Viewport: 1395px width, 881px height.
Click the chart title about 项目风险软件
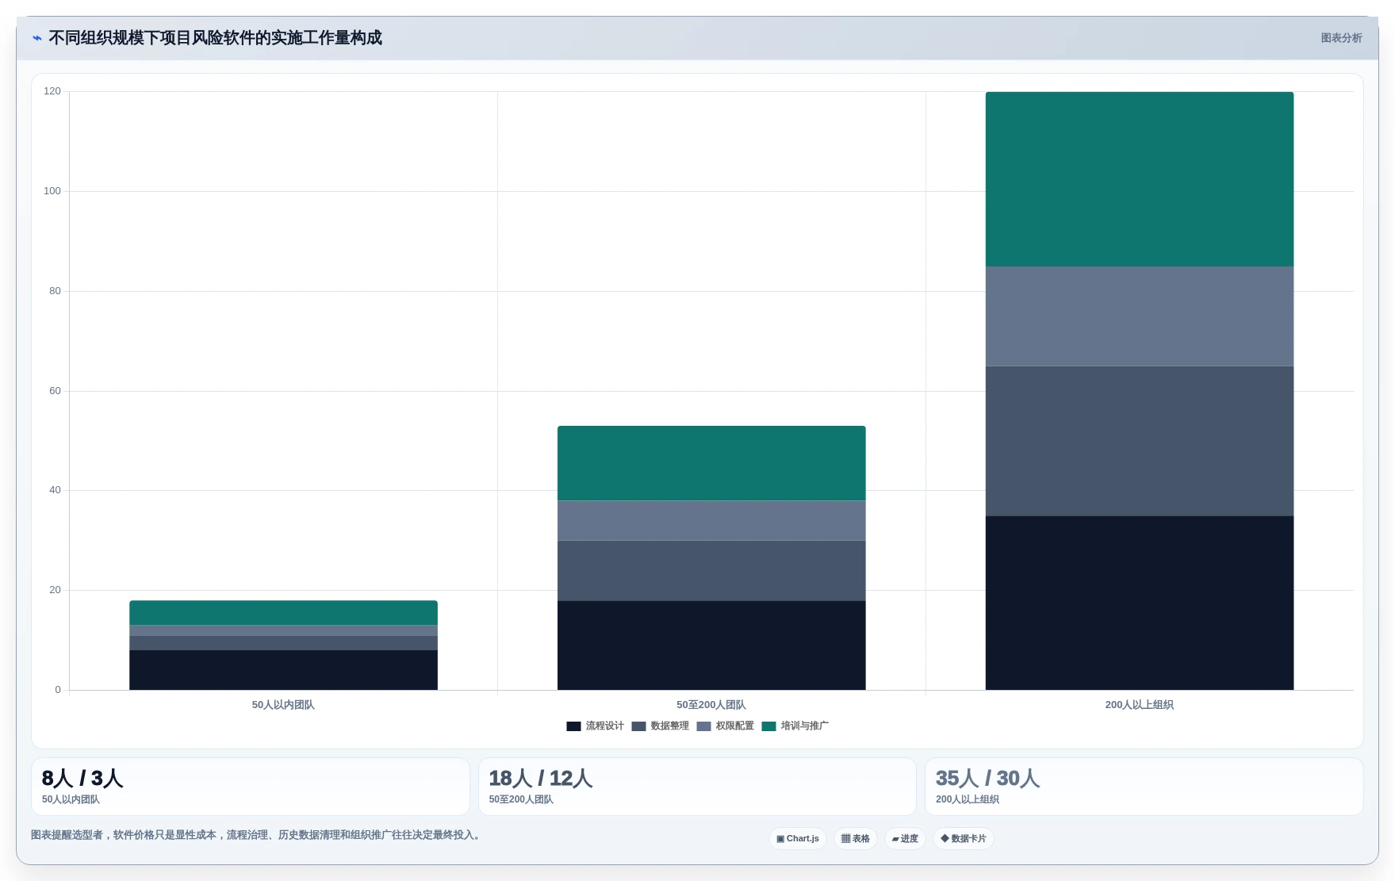(215, 38)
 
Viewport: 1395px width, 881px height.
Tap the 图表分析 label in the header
(1341, 38)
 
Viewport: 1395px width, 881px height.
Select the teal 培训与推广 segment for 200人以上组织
(1139, 179)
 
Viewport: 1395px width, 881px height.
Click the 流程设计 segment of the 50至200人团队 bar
(711, 645)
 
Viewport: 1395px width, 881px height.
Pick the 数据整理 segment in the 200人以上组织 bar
(1139, 441)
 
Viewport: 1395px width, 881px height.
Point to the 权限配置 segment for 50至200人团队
(711, 521)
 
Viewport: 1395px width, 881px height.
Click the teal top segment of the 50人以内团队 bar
(283, 613)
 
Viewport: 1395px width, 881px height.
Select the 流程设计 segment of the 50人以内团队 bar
(283, 670)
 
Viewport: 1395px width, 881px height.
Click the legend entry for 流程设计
(595, 726)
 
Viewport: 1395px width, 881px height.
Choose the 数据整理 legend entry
(660, 726)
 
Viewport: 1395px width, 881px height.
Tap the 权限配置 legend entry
(725, 726)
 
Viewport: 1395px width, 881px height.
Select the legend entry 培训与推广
(795, 726)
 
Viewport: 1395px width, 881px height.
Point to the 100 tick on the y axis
(52, 191)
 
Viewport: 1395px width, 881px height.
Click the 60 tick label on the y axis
(55, 391)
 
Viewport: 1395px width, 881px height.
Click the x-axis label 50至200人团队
(711, 705)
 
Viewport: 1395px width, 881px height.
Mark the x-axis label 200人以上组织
(1139, 705)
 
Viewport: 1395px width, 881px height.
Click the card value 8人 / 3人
(82, 779)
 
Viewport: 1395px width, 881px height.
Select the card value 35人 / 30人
(987, 779)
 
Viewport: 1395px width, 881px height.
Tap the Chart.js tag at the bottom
(798, 839)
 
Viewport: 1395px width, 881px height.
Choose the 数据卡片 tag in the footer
(964, 839)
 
